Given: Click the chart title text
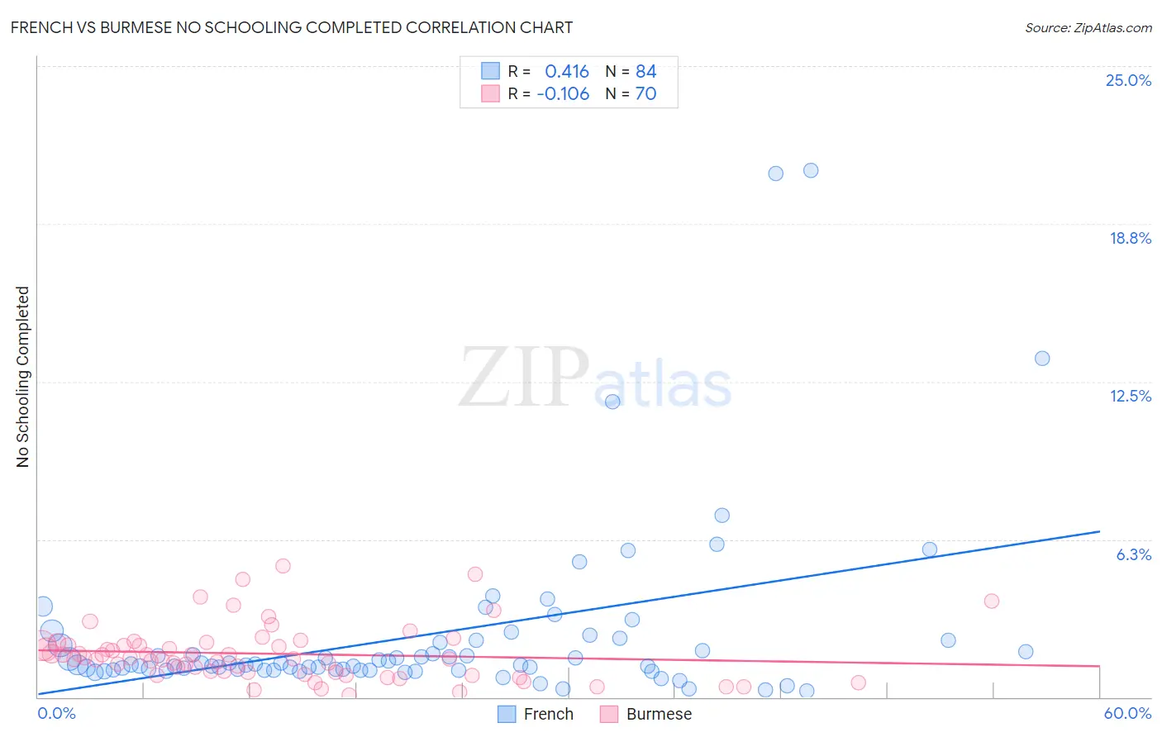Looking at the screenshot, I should pyautogui.click(x=291, y=27).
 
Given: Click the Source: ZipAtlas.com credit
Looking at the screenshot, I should pyautogui.click(x=1088, y=27).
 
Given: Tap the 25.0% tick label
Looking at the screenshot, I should pyautogui.click(x=1128, y=80).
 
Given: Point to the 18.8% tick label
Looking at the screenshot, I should pyautogui.click(x=1130, y=238).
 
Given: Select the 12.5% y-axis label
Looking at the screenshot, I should pyautogui.click(x=1130, y=396).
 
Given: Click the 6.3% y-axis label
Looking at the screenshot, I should pyautogui.click(x=1133, y=554).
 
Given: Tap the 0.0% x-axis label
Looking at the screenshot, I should pyautogui.click(x=56, y=713).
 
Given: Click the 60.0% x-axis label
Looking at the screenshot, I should pyautogui.click(x=1127, y=713).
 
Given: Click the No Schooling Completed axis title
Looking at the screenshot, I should pyautogui.click(x=22, y=377).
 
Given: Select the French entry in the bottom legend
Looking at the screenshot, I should pyautogui.click(x=548, y=714).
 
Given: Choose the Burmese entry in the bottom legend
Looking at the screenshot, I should pyautogui.click(x=658, y=714).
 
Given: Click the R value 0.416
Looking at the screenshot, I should pyautogui.click(x=566, y=71).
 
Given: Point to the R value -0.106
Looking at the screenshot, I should pyautogui.click(x=563, y=93).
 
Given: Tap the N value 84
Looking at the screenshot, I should pyautogui.click(x=645, y=71).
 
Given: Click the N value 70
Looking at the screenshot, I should pyautogui.click(x=645, y=93).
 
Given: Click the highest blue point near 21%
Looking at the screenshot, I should pyautogui.click(x=811, y=170).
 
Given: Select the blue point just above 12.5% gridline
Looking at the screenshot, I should pyautogui.click(x=1042, y=359).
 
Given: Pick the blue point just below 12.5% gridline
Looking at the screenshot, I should pyautogui.click(x=612, y=402).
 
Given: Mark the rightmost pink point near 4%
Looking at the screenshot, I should pyautogui.click(x=992, y=601).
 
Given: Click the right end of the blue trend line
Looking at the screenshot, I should pyautogui.click(x=1099, y=531).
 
